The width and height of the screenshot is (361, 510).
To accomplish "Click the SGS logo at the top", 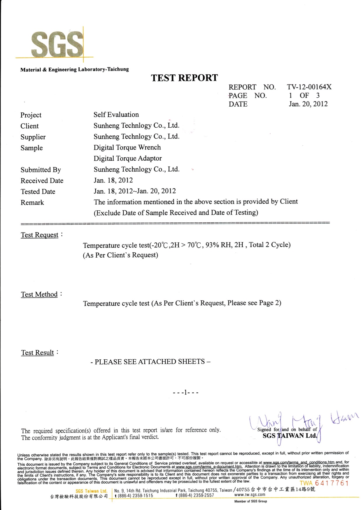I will pyautogui.click(x=57, y=45).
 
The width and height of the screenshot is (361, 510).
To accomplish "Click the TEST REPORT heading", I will pyautogui.click(x=184, y=78).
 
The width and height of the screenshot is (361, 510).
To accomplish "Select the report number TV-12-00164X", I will pyautogui.click(x=309, y=87).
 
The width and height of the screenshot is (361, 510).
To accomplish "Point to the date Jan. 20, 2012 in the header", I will pyautogui.click(x=308, y=104).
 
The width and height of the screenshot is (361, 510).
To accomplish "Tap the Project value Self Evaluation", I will pyautogui.click(x=116, y=115).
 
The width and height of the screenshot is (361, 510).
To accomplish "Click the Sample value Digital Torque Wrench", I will pyautogui.click(x=127, y=147).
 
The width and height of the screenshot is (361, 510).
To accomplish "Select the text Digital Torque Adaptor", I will pyautogui.click(x=127, y=158).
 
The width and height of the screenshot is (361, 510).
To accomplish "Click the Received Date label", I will pyautogui.click(x=42, y=181).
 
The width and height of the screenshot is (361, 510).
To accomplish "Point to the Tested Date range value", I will pyautogui.click(x=135, y=191).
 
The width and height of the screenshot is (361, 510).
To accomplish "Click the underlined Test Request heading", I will pyautogui.click(x=40, y=235).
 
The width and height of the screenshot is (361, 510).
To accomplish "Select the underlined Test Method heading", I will pyautogui.click(x=39, y=294).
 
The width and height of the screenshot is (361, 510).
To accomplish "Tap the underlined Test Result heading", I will pyautogui.click(x=38, y=353).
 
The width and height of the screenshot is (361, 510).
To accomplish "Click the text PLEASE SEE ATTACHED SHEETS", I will pyautogui.click(x=150, y=362).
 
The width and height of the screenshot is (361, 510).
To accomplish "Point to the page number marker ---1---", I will pyautogui.click(x=185, y=393).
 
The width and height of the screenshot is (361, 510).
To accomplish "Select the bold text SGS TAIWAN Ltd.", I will pyautogui.click(x=290, y=436).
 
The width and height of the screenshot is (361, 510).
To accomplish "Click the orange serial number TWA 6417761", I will pyautogui.click(x=324, y=483).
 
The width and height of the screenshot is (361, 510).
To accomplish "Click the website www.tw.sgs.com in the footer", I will pyautogui.click(x=250, y=495).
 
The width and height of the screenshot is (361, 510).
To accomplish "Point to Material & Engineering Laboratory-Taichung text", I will pyautogui.click(x=74, y=69).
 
